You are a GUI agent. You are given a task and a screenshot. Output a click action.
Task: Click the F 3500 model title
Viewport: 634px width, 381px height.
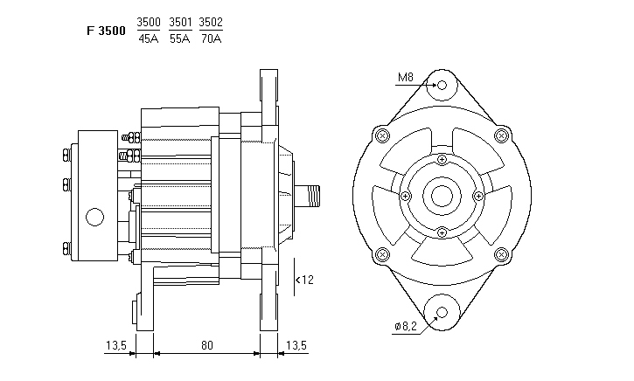(105, 30)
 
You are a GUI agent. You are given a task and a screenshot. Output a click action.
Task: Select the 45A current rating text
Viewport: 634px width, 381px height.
(149, 38)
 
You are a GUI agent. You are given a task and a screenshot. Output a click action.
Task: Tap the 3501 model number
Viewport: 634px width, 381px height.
(180, 22)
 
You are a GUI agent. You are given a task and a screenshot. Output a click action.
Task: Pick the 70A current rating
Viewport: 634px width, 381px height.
(211, 38)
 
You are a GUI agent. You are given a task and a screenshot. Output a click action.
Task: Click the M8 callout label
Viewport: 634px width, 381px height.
(405, 79)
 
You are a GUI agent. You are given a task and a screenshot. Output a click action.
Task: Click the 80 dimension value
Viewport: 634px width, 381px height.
(206, 345)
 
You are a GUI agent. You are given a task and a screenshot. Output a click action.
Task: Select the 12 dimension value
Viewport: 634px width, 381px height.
(307, 281)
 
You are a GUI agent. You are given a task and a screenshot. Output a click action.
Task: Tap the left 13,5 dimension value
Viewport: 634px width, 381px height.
(116, 345)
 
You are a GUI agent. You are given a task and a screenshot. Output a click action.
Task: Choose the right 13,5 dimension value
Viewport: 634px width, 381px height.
(296, 345)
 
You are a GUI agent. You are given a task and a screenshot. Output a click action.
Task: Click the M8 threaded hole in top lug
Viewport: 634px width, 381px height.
(442, 86)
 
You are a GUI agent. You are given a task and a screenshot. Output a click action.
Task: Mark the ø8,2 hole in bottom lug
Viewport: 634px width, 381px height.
(442, 313)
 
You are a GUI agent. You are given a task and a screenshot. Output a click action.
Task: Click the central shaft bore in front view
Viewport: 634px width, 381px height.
(442, 196)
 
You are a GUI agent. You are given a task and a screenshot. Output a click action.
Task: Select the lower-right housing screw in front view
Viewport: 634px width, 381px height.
(501, 254)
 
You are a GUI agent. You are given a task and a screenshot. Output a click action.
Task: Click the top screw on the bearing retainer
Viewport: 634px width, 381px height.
(442, 159)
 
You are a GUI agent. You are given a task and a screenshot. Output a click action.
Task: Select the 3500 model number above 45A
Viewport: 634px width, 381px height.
(149, 22)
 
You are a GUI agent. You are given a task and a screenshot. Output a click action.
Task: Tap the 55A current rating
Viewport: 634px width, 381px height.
(180, 38)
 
